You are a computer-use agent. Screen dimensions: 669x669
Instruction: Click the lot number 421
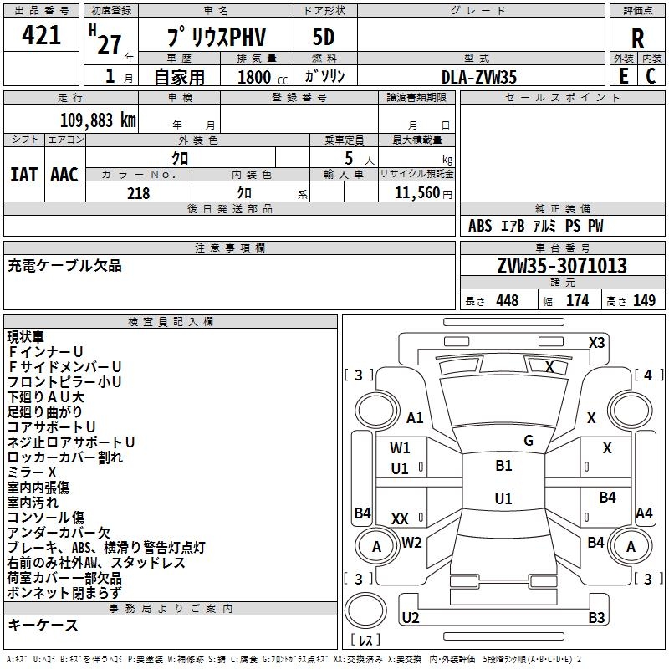(41, 36)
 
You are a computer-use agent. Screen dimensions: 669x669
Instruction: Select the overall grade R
(637, 38)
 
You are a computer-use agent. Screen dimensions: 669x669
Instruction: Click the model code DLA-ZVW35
(479, 76)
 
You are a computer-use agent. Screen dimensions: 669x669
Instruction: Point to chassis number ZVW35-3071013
(561, 266)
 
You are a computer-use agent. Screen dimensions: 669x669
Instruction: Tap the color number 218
(138, 193)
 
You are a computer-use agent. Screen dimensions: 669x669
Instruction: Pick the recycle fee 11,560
(416, 193)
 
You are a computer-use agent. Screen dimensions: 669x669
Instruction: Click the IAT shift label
(23, 174)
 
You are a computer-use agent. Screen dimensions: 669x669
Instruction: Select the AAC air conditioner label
(64, 174)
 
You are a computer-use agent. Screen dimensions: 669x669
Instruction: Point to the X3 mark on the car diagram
(596, 342)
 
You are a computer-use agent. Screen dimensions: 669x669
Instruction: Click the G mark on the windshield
(528, 440)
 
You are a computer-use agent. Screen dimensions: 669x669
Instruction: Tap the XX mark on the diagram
(401, 519)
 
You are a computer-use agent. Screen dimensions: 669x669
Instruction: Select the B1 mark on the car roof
(503, 466)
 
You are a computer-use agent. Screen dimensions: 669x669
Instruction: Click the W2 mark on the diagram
(411, 542)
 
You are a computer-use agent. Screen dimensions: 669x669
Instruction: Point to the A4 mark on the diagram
(644, 513)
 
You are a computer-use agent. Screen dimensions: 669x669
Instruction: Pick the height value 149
(644, 301)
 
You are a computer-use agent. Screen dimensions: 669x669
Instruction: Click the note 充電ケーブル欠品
(64, 266)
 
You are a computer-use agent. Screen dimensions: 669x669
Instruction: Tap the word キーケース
(43, 625)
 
